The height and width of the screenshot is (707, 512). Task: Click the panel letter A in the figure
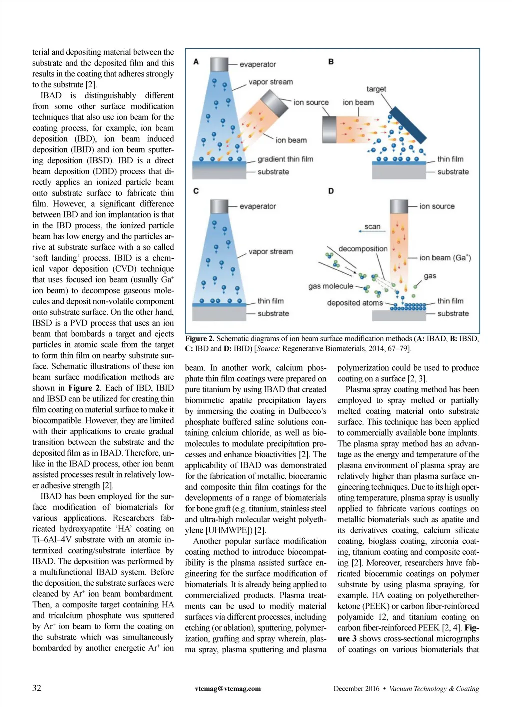(196, 62)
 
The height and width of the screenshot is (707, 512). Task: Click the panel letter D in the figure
(331, 191)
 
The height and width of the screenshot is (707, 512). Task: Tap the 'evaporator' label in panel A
(257, 64)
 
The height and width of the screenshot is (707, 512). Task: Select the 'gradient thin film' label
(285, 159)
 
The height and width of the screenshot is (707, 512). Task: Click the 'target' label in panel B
(376, 89)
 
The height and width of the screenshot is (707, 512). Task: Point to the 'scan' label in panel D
(372, 226)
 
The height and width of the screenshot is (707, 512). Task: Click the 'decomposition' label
(363, 249)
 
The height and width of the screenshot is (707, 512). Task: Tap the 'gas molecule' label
(331, 286)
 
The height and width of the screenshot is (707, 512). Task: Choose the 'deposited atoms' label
(355, 303)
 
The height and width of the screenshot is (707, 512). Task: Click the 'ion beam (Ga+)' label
(445, 258)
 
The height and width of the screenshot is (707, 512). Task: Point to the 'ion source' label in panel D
(437, 206)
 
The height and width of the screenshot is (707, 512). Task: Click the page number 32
(37, 688)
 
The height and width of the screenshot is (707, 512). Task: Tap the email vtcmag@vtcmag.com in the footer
(228, 688)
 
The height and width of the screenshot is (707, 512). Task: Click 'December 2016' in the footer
(356, 688)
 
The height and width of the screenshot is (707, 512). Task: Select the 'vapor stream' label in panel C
(270, 252)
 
